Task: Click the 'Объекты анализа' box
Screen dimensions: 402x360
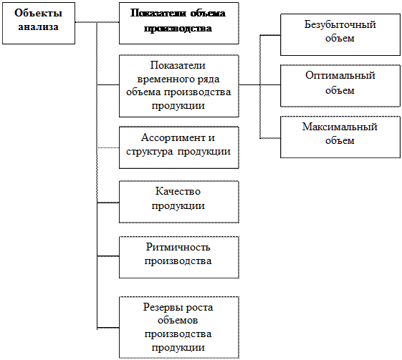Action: coord(39,24)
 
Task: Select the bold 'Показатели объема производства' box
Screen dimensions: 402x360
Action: coord(179,24)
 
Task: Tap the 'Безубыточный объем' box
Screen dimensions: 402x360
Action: coord(340,35)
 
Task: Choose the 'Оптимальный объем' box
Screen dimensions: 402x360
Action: coord(340,86)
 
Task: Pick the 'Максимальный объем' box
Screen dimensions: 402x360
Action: coord(340,137)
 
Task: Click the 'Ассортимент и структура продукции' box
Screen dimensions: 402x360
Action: coord(179,147)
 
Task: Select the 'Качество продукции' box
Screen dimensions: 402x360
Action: coord(179,202)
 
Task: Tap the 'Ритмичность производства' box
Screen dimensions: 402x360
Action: coord(179,258)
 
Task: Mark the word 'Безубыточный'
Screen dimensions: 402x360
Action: coord(340,25)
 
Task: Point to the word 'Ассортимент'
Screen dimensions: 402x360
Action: coord(173,138)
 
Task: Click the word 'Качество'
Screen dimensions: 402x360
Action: coord(178,191)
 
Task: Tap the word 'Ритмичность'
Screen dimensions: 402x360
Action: coord(178,248)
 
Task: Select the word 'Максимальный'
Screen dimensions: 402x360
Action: coord(340,127)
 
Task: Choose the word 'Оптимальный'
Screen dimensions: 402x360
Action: coord(340,76)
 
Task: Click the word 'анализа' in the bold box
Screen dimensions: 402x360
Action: coord(39,27)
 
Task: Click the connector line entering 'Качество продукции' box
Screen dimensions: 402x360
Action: coord(108,203)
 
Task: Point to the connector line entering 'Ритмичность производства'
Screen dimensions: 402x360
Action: coord(108,256)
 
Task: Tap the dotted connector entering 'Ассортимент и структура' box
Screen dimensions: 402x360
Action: coord(108,147)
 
